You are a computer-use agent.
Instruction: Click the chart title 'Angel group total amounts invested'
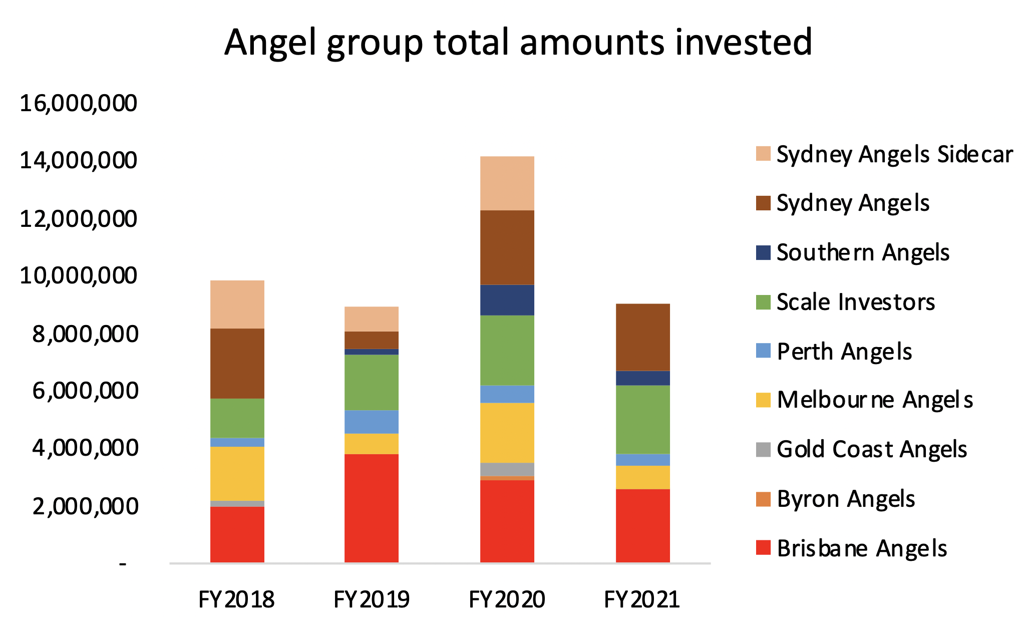coord(518,42)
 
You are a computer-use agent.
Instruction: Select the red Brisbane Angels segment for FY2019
coord(372,508)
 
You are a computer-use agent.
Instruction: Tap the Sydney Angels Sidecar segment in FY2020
coord(507,183)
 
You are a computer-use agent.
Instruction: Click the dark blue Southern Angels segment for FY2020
coord(507,300)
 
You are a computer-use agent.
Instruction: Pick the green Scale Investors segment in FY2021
coord(642,419)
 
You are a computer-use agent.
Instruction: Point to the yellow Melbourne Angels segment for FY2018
coord(237,473)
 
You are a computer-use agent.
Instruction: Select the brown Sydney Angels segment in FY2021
coord(642,337)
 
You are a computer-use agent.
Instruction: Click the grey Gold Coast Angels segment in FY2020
coord(507,469)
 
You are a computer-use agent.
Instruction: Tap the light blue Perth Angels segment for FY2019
coord(372,422)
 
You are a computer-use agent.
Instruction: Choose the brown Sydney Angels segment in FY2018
coord(237,363)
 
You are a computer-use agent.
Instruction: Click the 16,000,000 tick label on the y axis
coord(78,103)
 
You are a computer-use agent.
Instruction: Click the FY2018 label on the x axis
coord(236,599)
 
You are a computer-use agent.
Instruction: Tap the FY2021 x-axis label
coord(642,599)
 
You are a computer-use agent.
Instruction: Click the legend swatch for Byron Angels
coord(763,499)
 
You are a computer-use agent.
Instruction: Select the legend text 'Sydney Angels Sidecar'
coord(894,154)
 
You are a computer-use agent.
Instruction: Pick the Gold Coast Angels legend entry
coord(871,449)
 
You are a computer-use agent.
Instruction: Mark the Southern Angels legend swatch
coord(763,252)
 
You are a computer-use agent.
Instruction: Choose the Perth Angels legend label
coord(844,351)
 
